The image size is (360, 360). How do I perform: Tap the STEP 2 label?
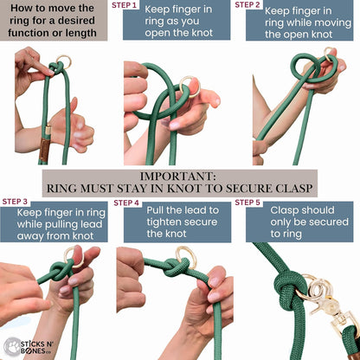pyautogui.click(x=247, y=5)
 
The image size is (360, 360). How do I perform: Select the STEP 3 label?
pyautogui.click(x=15, y=202)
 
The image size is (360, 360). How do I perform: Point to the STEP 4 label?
pyautogui.click(x=126, y=202)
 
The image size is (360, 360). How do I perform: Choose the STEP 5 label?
pyautogui.click(x=248, y=202)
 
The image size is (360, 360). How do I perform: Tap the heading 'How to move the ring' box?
pyautogui.click(x=54, y=21)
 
